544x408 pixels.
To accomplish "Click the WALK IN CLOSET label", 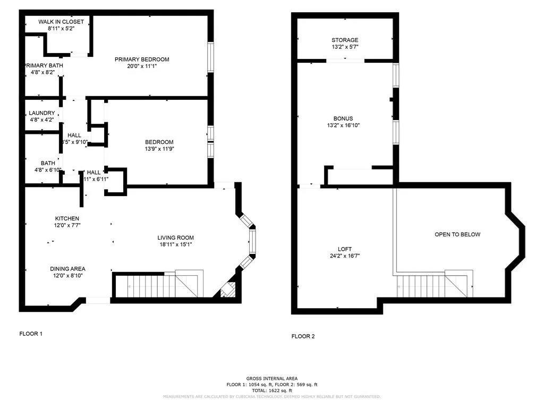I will [61, 22].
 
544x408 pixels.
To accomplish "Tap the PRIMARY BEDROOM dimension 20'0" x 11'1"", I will [142, 66].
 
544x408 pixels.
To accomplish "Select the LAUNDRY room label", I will [42, 113].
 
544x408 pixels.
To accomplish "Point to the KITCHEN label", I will [67, 218].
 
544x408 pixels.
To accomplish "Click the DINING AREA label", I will [67, 269].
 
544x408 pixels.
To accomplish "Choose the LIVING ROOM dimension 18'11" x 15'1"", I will [175, 245].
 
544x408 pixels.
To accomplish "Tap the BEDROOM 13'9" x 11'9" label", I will [159, 142].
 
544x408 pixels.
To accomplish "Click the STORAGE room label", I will [345, 40].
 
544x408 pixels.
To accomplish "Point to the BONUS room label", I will [343, 118].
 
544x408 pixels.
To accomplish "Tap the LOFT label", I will [345, 249].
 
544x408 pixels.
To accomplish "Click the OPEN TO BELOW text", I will [457, 234].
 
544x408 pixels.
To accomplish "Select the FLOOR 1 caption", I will [31, 334].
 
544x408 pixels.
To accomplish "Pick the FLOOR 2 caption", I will [303, 336].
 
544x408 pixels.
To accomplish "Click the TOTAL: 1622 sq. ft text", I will [271, 389].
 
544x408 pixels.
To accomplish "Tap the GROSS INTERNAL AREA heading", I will [271, 378].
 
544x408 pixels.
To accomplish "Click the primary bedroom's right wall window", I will [210, 57].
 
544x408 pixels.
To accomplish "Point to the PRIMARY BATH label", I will [44, 65].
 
